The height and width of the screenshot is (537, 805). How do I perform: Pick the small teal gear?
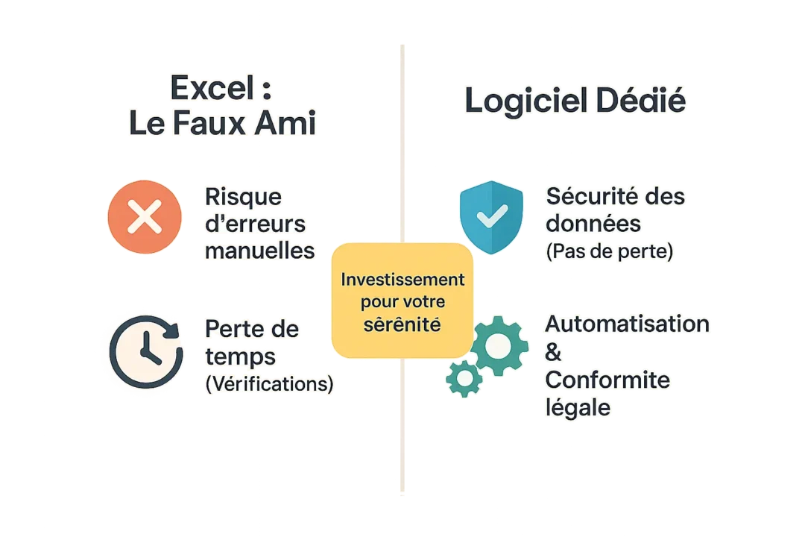tap(464, 378)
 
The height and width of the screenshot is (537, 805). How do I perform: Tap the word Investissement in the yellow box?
tap(402, 280)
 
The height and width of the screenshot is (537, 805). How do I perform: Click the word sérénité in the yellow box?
tap(402, 326)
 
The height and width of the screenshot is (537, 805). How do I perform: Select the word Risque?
tap(244, 197)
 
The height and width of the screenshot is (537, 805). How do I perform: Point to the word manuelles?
tap(259, 251)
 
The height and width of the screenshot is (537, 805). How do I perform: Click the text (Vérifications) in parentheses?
tap(268, 383)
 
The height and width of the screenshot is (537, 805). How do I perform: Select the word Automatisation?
tap(627, 324)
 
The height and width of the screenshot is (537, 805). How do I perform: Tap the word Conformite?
tap(607, 380)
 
